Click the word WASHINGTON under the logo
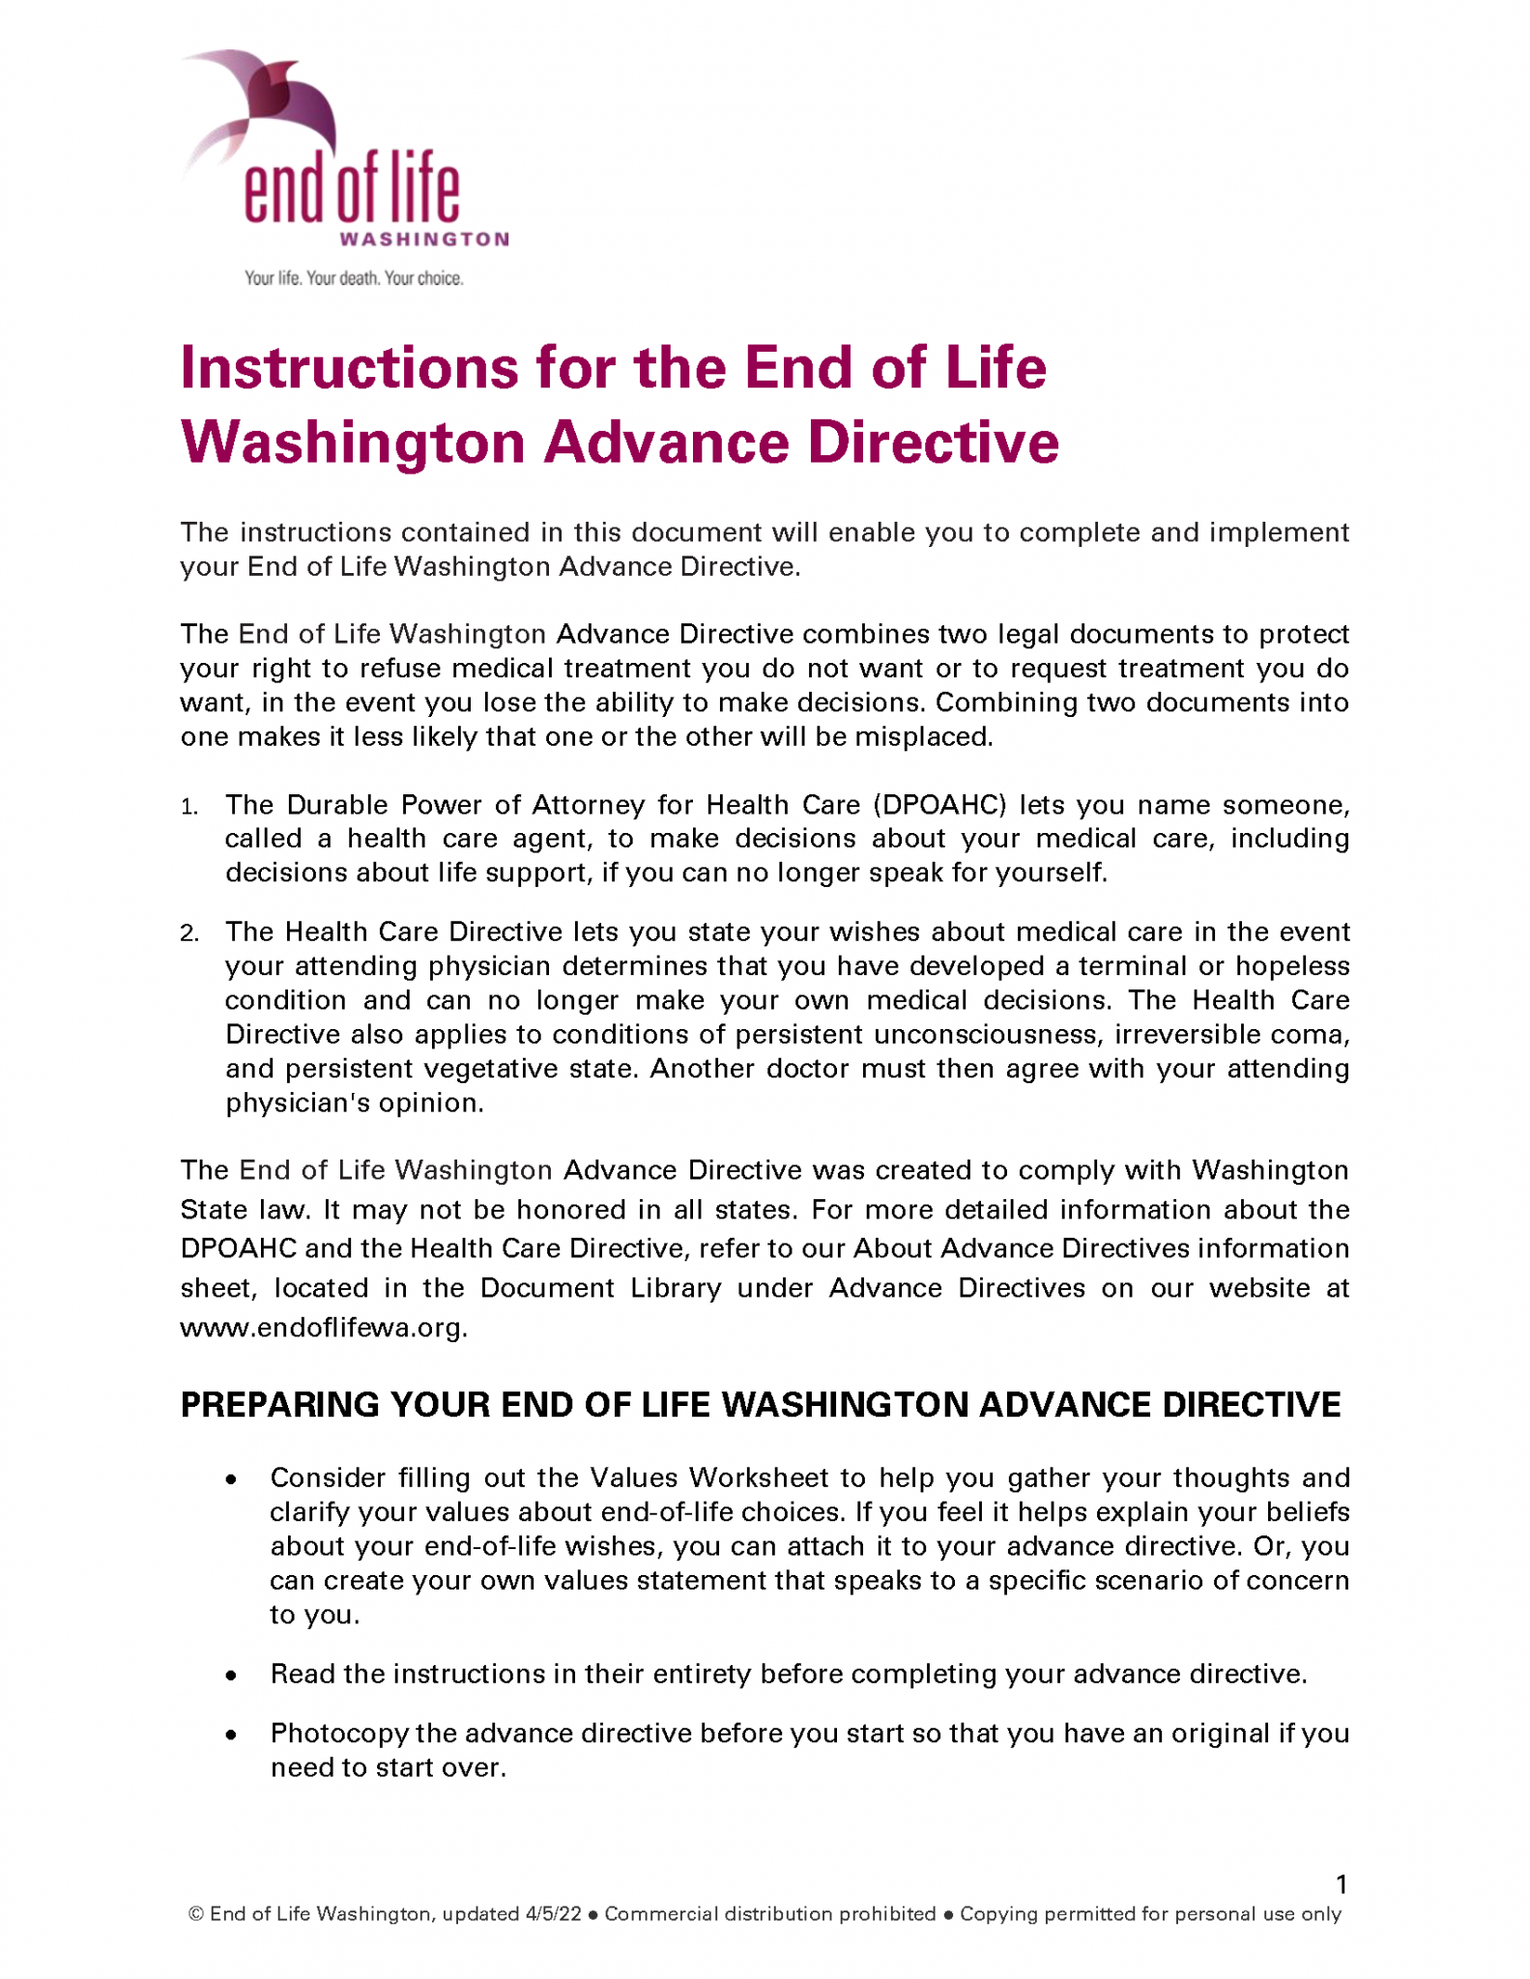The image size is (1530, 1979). (423, 239)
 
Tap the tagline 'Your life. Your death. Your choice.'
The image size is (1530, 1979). (354, 278)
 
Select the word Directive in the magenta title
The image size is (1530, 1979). (933, 443)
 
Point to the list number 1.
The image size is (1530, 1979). (189, 807)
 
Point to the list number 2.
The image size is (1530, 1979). (189, 933)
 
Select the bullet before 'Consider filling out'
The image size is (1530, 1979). (231, 1479)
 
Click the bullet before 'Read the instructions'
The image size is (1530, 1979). (231, 1676)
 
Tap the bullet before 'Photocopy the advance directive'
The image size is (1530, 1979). (231, 1735)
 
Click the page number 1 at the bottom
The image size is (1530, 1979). (1341, 1884)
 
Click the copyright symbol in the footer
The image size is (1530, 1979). (196, 1914)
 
